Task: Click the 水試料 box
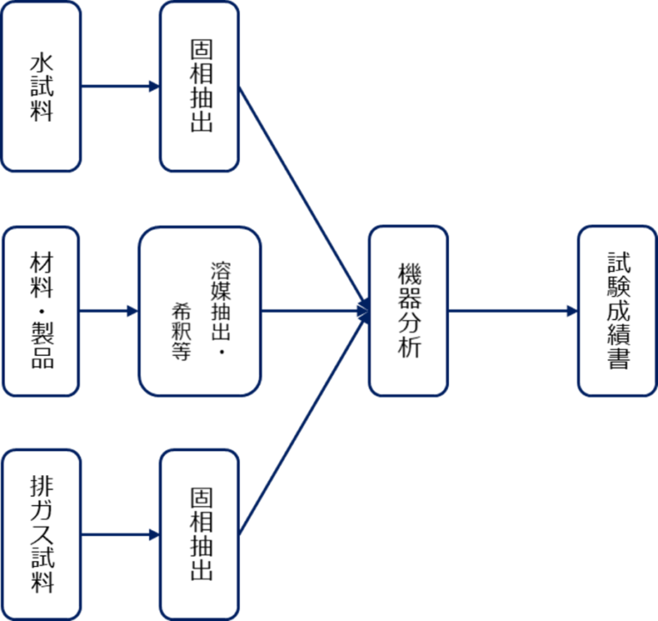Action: (x=41, y=87)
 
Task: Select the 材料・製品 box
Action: (x=41, y=310)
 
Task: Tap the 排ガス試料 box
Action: (x=41, y=534)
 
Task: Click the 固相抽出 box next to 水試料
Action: (x=199, y=87)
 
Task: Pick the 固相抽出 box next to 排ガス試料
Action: (x=199, y=534)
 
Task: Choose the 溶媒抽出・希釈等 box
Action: (x=200, y=310)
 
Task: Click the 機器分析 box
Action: (x=409, y=310)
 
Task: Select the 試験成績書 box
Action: (x=618, y=310)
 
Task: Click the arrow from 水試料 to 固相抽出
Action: (x=120, y=87)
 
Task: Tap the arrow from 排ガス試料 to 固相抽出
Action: (x=120, y=534)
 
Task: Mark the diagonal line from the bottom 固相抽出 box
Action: (x=300, y=425)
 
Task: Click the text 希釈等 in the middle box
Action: (x=181, y=330)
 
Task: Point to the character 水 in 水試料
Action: (x=41, y=64)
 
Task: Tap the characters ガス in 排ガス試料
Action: (x=41, y=522)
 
